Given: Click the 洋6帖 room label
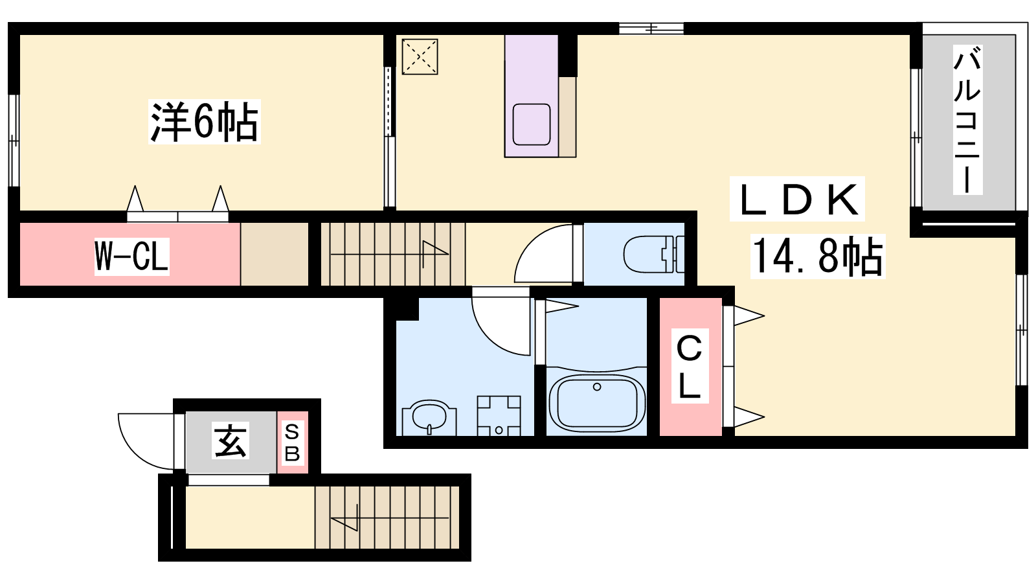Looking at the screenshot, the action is pyautogui.click(x=204, y=122).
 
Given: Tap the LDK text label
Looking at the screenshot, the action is pyautogui.click(x=797, y=200).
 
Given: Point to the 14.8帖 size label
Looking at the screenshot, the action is pyautogui.click(x=818, y=257).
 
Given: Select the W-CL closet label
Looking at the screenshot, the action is pyautogui.click(x=132, y=257).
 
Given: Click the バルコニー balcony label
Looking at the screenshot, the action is pyautogui.click(x=967, y=120).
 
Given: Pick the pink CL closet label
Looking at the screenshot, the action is pyautogui.click(x=690, y=366).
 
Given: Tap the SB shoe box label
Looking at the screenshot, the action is pyautogui.click(x=292, y=443).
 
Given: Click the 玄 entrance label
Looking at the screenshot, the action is pyautogui.click(x=231, y=440).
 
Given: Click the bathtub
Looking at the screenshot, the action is pyautogui.click(x=596, y=401).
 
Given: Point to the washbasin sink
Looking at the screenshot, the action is pyautogui.click(x=429, y=417).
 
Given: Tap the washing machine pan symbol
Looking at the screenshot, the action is pyautogui.click(x=499, y=415).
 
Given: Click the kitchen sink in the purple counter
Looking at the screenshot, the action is pyautogui.click(x=532, y=124).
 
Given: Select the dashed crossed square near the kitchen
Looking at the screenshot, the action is pyautogui.click(x=420, y=56).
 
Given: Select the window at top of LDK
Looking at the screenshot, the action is pyautogui.click(x=651, y=29).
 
